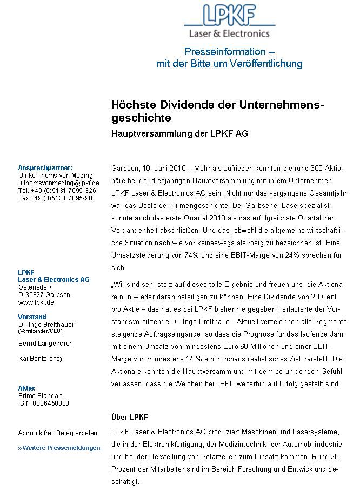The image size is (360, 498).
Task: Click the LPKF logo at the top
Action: [x=229, y=22]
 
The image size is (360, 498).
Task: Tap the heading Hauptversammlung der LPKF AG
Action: [x=179, y=133]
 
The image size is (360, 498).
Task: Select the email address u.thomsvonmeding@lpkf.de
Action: [x=58, y=183]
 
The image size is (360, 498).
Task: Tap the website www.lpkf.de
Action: [x=36, y=302]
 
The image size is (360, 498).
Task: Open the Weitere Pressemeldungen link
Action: [x=60, y=448]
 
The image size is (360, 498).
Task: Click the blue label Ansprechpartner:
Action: [x=45, y=168]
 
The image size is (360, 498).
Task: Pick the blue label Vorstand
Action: [x=32, y=317]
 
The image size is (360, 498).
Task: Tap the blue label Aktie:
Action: [x=27, y=388]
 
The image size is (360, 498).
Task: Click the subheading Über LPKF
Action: [x=129, y=418]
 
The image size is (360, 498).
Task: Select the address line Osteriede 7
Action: [x=35, y=287]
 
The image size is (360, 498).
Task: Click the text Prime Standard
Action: [x=41, y=396]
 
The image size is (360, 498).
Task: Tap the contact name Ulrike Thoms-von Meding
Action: [x=55, y=176]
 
